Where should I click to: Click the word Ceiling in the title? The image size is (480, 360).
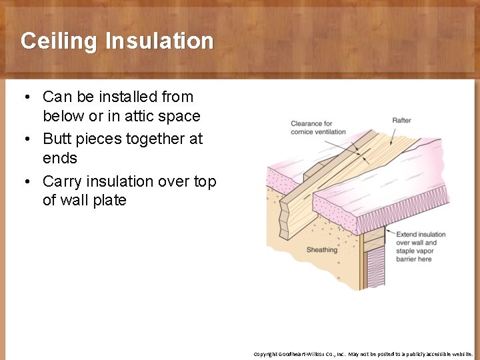(x=59, y=41)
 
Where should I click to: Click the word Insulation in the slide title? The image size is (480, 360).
(x=159, y=41)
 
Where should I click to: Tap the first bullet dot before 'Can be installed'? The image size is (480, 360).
(x=25, y=97)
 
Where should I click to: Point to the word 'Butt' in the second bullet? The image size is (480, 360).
(x=57, y=139)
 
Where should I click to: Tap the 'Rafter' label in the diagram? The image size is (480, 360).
(x=401, y=121)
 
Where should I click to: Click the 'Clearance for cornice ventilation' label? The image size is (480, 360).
(x=318, y=127)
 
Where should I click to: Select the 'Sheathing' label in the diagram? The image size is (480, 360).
(x=322, y=250)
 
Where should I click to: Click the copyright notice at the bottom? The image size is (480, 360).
(x=363, y=354)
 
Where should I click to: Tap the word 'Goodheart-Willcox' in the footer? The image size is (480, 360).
(x=300, y=354)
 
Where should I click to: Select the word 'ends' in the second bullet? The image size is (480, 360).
(x=60, y=158)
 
